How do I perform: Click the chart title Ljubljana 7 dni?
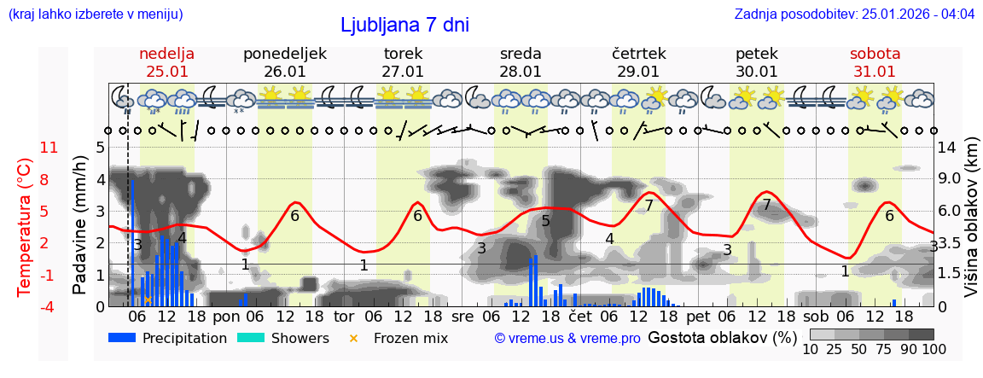point(404,25)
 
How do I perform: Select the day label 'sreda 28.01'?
point(521,62)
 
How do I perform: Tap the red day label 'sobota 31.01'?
point(875,62)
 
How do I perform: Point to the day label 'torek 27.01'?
point(403,62)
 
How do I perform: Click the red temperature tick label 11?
point(49,148)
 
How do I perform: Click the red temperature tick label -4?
point(49,306)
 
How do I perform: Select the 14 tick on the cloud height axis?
point(949,148)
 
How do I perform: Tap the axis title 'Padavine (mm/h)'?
point(79,226)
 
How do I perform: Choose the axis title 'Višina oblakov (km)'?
point(971,226)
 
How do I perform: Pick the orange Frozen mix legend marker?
point(353,338)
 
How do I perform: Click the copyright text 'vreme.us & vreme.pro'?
point(567,339)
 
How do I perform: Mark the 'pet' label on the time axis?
point(698,317)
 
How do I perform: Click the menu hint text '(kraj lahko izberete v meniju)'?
point(96,15)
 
